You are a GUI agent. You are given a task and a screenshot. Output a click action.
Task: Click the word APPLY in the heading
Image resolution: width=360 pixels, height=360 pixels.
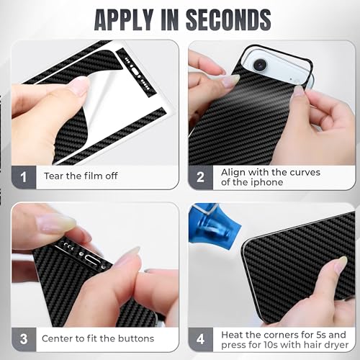click(124, 19)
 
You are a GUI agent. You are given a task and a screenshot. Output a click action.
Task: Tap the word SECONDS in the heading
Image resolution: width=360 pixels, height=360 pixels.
click(229, 19)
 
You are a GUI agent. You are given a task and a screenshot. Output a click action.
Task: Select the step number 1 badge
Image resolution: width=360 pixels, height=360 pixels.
click(24, 177)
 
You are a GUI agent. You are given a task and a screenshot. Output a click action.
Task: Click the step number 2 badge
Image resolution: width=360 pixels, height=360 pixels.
click(201, 177)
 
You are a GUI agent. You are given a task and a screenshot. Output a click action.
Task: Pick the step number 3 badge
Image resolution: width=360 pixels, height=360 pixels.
click(24, 339)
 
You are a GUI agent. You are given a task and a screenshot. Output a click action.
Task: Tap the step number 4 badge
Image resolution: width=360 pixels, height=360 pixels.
click(201, 339)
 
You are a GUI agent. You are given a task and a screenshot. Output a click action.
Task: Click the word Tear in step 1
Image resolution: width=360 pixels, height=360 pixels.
click(54, 176)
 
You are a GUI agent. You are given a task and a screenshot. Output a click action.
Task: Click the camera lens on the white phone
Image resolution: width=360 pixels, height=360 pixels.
click(259, 65)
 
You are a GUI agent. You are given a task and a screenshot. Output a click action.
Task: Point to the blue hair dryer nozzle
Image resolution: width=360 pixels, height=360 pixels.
click(214, 225)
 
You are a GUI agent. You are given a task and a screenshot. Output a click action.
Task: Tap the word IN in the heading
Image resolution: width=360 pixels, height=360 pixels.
click(170, 19)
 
